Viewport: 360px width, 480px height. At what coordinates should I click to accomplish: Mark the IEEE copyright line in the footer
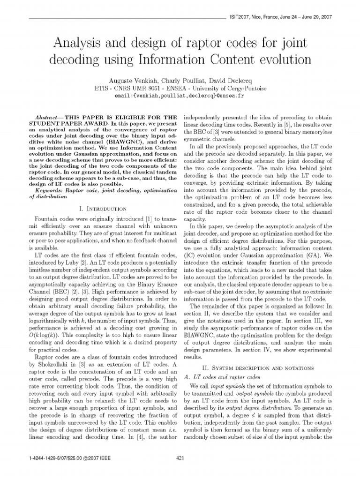pos(69,458)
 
